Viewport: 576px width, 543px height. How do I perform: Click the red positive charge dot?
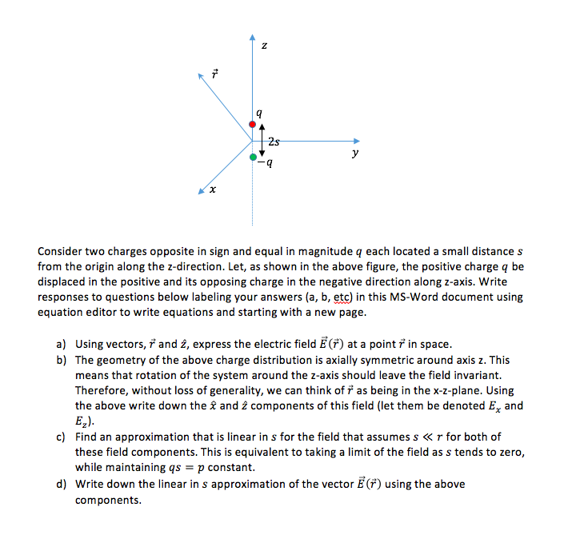point(253,124)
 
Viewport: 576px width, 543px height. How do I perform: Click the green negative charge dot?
point(253,158)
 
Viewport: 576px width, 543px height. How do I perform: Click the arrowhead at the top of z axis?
point(253,38)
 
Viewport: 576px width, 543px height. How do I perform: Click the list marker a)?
point(61,344)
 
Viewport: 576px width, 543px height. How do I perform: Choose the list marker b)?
point(61,360)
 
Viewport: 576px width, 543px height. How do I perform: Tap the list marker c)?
point(61,437)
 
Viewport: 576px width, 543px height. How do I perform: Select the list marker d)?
point(61,484)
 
